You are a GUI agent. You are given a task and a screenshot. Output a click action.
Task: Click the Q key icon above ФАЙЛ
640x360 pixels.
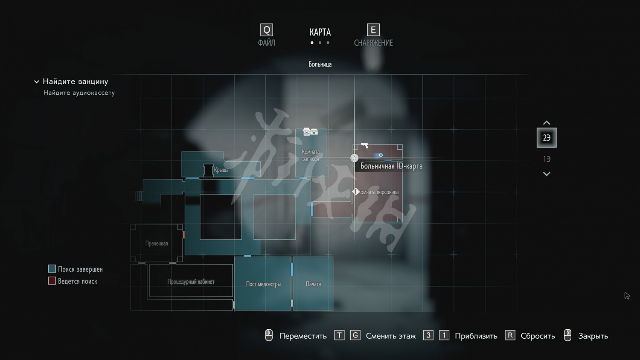pyautogui.click(x=267, y=30)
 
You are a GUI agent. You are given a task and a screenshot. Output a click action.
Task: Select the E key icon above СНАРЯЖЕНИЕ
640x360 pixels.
pyautogui.click(x=373, y=30)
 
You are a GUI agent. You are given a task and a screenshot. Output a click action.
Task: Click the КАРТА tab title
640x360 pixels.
pyautogui.click(x=320, y=32)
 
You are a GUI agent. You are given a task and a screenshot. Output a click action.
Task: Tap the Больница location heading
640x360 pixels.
pyautogui.click(x=320, y=64)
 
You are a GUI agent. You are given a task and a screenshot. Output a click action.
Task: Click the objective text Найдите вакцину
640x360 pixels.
pyautogui.click(x=75, y=81)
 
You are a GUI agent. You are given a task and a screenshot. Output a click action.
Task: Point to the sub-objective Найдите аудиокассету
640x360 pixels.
pyautogui.click(x=79, y=93)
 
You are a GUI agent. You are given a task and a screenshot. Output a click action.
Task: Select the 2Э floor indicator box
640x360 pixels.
pyautogui.click(x=547, y=138)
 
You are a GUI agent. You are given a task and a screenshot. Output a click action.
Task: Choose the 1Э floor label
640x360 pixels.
pyautogui.click(x=547, y=159)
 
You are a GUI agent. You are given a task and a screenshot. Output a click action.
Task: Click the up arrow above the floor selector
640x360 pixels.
pyautogui.click(x=547, y=123)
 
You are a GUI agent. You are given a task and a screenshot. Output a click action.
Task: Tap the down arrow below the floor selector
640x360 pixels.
pyautogui.click(x=547, y=174)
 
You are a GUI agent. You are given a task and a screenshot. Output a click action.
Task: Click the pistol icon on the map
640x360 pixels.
pyautogui.click(x=364, y=146)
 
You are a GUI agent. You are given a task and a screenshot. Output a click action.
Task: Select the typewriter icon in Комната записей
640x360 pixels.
pyautogui.click(x=310, y=131)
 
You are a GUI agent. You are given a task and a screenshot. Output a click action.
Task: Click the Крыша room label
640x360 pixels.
pyautogui.click(x=221, y=170)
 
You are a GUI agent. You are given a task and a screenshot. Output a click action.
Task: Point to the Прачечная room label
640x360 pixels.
pyautogui.click(x=157, y=244)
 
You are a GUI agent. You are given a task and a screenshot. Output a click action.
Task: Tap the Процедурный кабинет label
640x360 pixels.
pyautogui.click(x=191, y=282)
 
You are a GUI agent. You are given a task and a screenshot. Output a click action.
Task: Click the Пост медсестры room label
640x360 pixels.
pyautogui.click(x=263, y=284)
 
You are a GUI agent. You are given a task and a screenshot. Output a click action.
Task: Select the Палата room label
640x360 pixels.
pyautogui.click(x=313, y=284)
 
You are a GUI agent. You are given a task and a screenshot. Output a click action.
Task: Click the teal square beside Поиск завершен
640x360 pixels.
pyautogui.click(x=52, y=269)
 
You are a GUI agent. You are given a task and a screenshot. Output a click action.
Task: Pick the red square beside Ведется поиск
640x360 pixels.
pyautogui.click(x=52, y=281)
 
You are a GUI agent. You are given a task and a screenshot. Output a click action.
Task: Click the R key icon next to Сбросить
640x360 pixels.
pyautogui.click(x=510, y=335)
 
